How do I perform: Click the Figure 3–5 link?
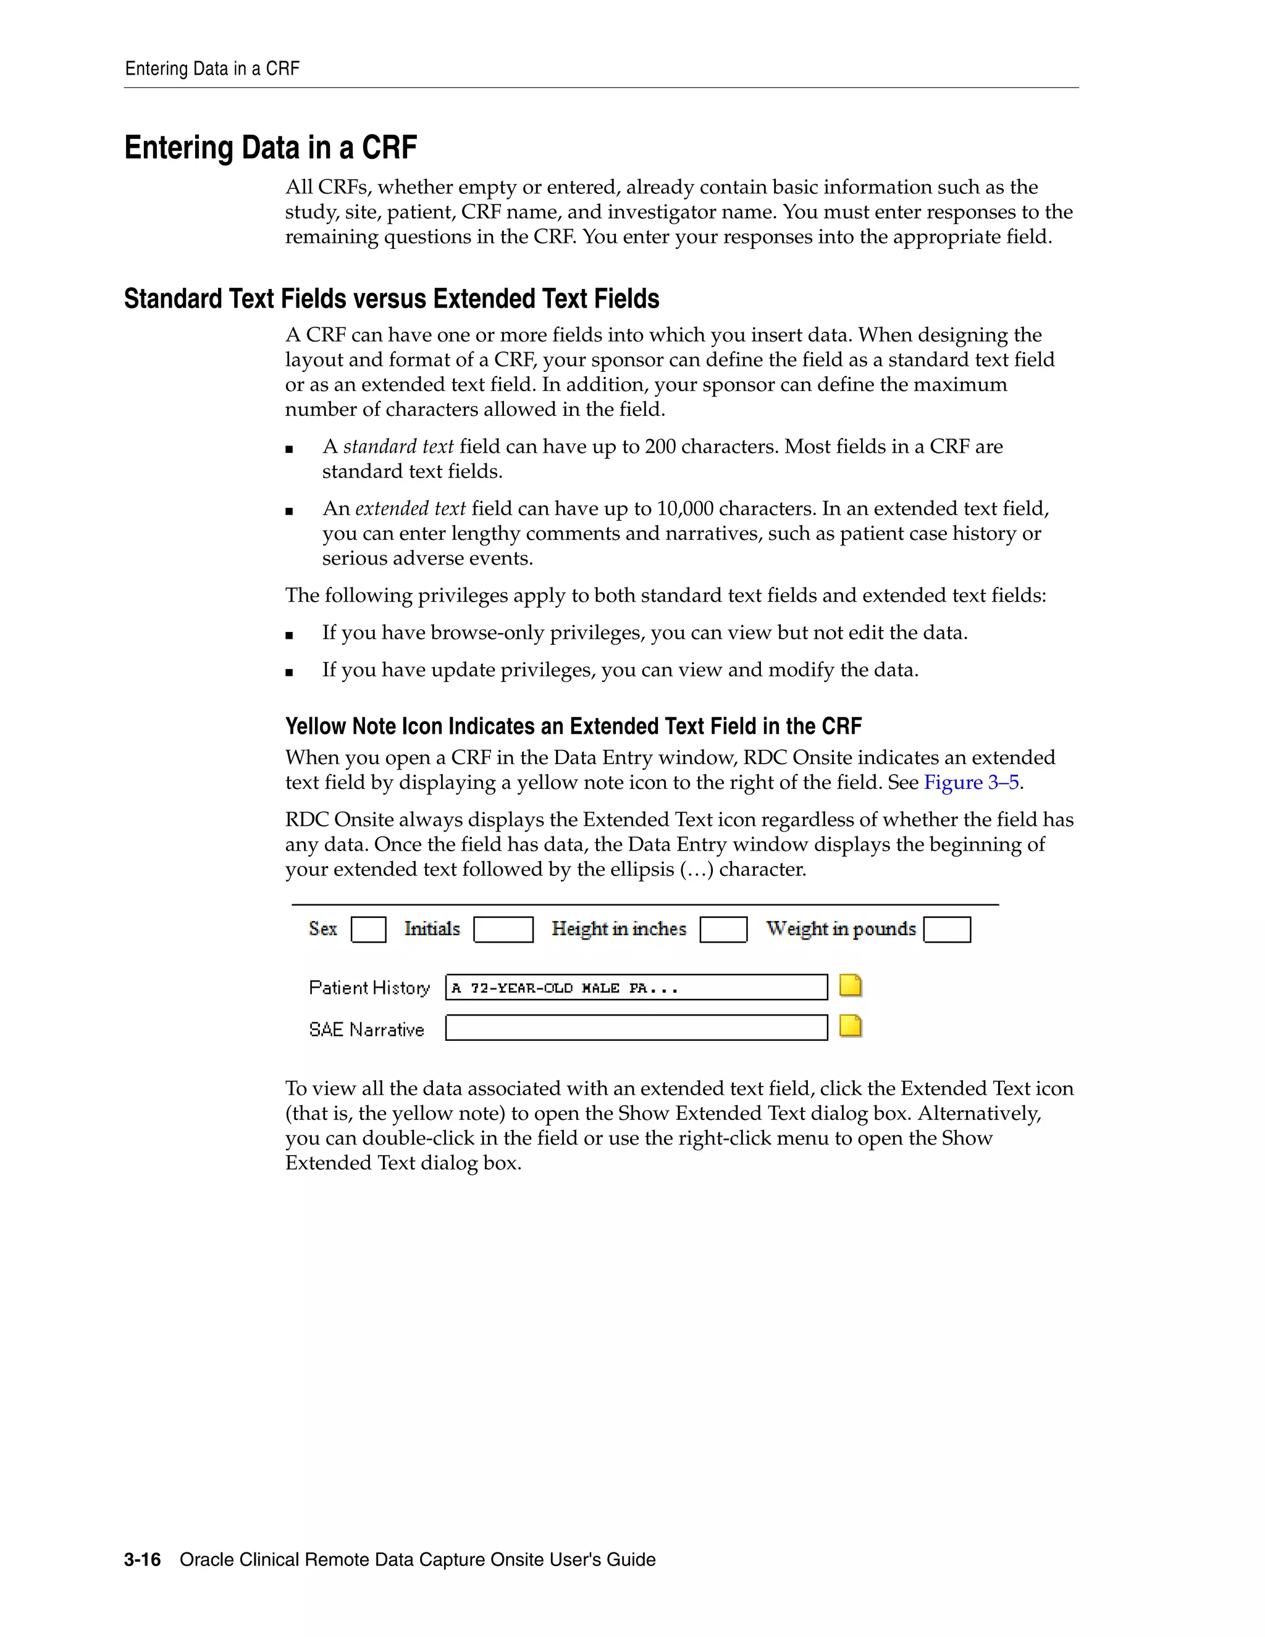pos(971,783)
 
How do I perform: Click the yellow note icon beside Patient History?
pos(851,986)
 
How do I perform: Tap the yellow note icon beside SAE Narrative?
pos(851,1026)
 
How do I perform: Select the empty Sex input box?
pos(368,930)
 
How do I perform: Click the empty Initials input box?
pos(503,930)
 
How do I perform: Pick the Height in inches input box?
pos(723,930)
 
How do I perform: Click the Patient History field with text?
pos(636,987)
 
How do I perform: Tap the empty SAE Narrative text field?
pos(636,1028)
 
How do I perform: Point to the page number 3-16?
pos(143,1560)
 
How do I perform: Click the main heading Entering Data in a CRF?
pos(271,148)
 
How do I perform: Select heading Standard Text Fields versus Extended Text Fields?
pos(391,299)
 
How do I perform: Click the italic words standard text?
pos(398,447)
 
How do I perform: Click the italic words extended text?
pos(410,509)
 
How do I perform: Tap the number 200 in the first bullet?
pos(660,447)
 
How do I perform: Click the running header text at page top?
pos(212,69)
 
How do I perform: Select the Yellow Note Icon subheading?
pos(573,726)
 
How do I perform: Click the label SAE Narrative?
pos(366,1030)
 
